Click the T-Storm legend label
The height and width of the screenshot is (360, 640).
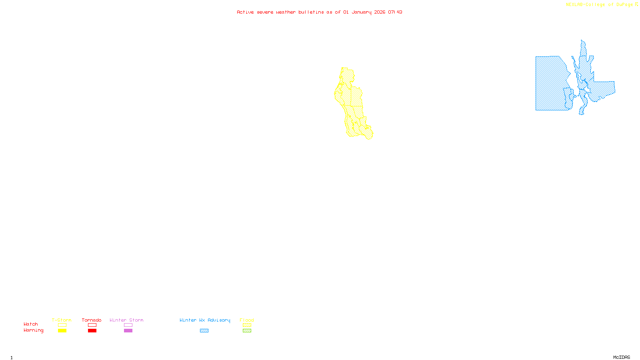tap(62, 320)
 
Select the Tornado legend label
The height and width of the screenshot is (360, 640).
tap(92, 320)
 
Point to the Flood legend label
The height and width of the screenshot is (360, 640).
tap(247, 320)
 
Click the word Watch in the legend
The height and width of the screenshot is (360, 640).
tap(31, 324)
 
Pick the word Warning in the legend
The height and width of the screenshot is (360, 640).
tap(33, 330)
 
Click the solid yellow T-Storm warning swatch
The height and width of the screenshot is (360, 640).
tap(62, 331)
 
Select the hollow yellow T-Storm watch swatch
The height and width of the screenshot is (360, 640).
tap(62, 325)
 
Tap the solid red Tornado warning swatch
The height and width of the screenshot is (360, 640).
tap(92, 331)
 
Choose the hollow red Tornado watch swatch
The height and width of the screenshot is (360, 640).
tap(92, 325)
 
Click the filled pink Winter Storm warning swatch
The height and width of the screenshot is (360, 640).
tap(128, 331)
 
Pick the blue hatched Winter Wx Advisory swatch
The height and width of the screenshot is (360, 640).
tap(204, 331)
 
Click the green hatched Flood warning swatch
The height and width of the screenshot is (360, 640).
tap(247, 331)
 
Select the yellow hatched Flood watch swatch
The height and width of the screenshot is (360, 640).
tap(247, 325)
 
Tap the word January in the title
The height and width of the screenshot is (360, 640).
tap(361, 12)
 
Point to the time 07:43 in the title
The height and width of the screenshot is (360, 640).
tap(395, 12)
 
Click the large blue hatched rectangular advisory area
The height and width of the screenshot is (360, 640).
tap(550, 84)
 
